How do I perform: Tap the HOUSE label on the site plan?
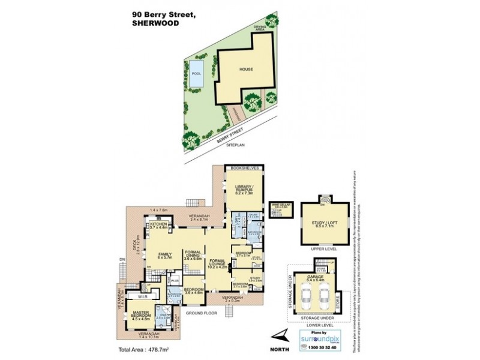pyautogui.click(x=246, y=69)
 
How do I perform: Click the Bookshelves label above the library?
pyautogui.click(x=246, y=169)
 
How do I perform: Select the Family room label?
pyautogui.click(x=165, y=256)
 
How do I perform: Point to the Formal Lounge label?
pyautogui.click(x=217, y=263)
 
